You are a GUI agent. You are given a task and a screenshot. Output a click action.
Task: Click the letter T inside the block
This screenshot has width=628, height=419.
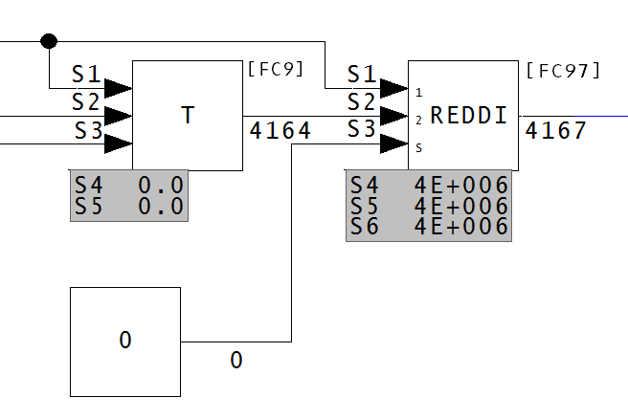click(x=188, y=116)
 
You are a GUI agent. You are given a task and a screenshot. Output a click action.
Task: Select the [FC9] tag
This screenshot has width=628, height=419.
click(x=275, y=69)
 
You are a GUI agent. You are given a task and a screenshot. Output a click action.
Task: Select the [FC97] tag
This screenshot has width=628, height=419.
click(x=563, y=69)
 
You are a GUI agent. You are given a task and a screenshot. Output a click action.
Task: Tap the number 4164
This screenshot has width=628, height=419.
click(x=280, y=131)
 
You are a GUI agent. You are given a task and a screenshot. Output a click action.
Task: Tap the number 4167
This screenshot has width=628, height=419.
click(x=556, y=131)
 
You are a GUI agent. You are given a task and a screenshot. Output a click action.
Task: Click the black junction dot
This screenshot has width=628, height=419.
click(x=49, y=41)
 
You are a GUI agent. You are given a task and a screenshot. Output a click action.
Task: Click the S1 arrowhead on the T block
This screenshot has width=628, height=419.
click(x=118, y=88)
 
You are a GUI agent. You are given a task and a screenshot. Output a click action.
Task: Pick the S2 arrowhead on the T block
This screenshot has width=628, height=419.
click(x=118, y=116)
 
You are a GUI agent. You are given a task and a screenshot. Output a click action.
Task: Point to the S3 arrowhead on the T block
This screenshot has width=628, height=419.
click(x=118, y=144)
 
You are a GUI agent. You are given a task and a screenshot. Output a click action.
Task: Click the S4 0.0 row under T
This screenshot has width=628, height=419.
click(x=128, y=183)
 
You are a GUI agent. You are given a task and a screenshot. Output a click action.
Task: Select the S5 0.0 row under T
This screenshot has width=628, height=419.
click(x=128, y=206)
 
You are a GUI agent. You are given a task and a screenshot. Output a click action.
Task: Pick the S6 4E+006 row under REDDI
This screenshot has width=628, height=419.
click(x=428, y=228)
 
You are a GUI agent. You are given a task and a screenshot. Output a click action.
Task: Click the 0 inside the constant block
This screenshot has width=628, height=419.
click(x=125, y=340)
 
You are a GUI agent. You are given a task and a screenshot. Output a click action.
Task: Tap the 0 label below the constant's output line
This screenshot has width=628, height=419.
click(x=236, y=361)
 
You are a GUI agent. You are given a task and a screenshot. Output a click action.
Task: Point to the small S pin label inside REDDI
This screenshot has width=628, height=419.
click(x=418, y=148)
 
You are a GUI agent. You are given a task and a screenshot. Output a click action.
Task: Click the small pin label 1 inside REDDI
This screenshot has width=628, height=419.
click(x=418, y=93)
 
